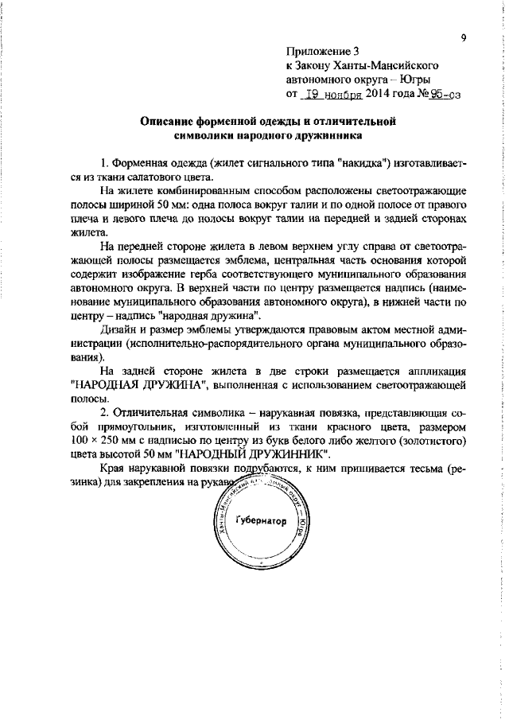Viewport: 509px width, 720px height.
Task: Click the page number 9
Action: pos(463,37)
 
